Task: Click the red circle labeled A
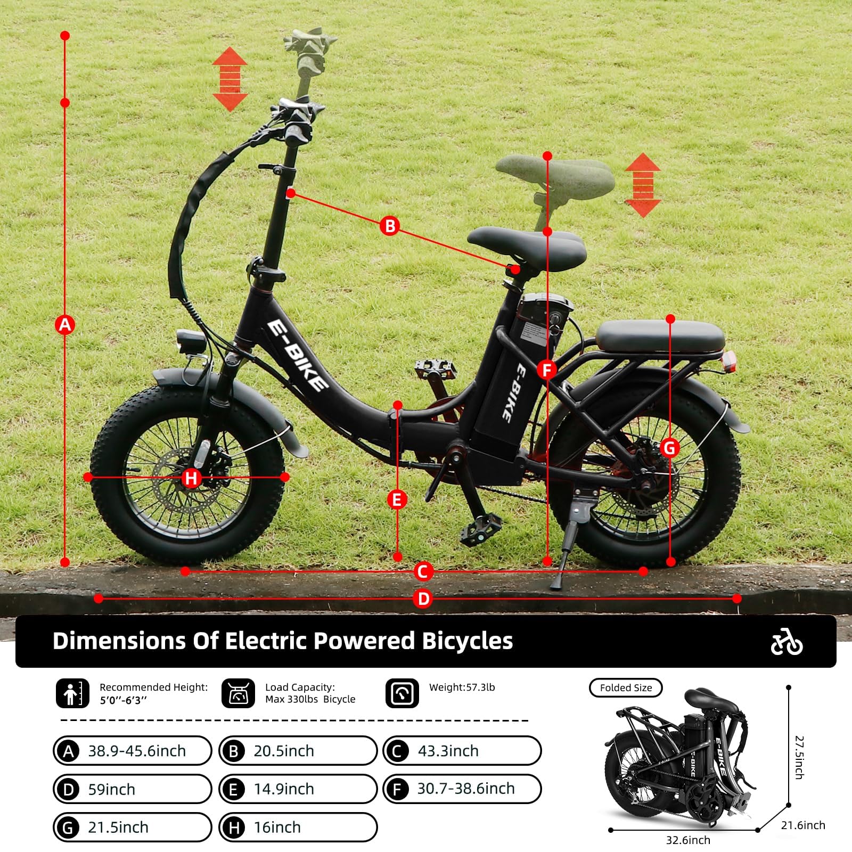pos(65,324)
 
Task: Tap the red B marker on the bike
pos(390,226)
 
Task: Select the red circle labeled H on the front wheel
pos(191,478)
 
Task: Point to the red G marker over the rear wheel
pos(670,448)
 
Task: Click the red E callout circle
pos(396,499)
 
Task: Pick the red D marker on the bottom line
pos(423,599)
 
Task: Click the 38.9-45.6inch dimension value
pos(137,751)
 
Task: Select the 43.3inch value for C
pos(448,751)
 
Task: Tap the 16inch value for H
pos(277,827)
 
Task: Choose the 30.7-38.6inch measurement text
pos(466,789)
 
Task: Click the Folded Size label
pos(626,687)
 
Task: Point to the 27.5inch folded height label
pos(799,757)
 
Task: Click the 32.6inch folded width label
pos(688,840)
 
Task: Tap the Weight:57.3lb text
pos(462,687)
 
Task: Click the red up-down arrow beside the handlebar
pos(230,79)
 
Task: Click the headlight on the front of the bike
pos(191,341)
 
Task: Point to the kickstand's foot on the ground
pos(556,586)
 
